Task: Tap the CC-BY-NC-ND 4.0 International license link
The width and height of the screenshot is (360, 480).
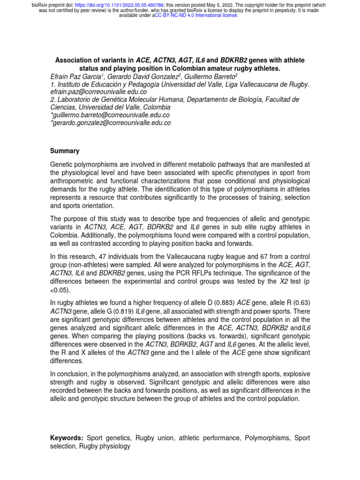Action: [197, 15]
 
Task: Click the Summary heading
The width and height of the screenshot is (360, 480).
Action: [65, 151]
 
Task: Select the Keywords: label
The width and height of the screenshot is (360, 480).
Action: [67, 438]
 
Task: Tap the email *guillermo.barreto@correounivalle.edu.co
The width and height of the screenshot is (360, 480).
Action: [110, 115]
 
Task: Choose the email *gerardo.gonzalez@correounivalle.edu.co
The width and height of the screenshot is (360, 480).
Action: [111, 123]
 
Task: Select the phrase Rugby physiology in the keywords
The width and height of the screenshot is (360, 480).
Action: [105, 446]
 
